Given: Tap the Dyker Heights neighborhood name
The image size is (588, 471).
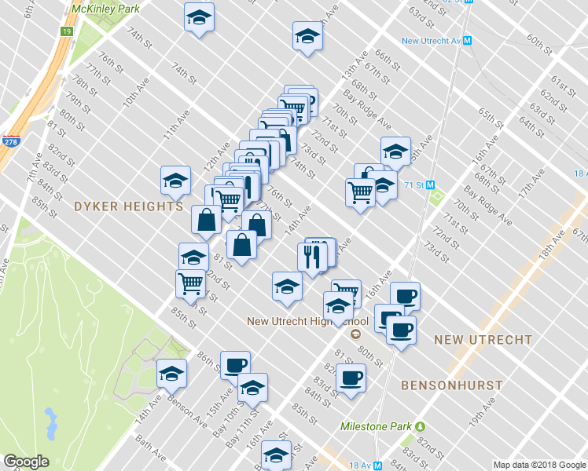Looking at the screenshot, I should pyautogui.click(x=128, y=206).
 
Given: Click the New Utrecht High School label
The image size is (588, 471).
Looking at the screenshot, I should pyautogui.click(x=307, y=321).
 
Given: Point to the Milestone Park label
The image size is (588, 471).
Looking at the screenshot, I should pyautogui.click(x=376, y=426).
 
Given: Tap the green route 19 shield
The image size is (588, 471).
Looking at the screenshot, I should pyautogui.click(x=67, y=31).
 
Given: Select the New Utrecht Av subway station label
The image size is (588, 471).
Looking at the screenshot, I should pyautogui.click(x=431, y=41).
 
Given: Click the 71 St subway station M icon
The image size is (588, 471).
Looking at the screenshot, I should pyautogui.click(x=432, y=185).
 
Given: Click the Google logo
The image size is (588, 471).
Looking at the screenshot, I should pyautogui.click(x=26, y=462).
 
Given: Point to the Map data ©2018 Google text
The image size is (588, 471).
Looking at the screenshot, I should pyautogui.click(x=539, y=465).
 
